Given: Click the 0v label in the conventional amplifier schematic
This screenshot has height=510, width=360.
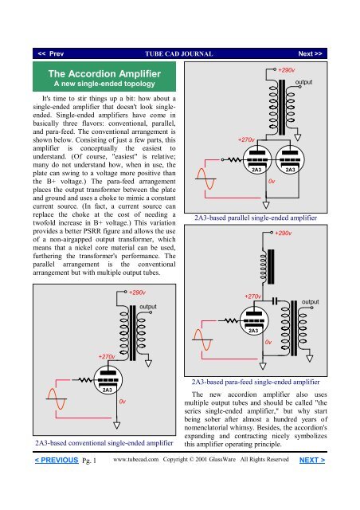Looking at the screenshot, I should (123, 402).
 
